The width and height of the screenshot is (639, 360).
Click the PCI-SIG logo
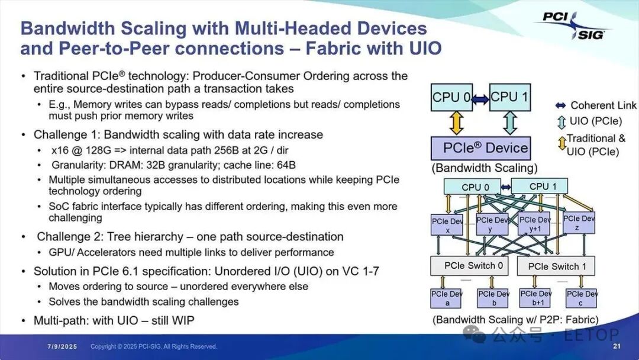click(572, 25)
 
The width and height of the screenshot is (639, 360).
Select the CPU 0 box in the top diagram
click(452, 97)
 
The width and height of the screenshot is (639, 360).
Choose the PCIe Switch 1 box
click(556, 266)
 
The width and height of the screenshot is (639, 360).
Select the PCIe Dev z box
click(579, 223)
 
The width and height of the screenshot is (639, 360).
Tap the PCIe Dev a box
click(447, 298)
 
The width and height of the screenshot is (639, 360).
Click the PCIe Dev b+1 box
click(536, 298)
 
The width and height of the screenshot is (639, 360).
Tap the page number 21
click(616, 346)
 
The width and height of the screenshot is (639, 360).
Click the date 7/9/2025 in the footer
click(61, 346)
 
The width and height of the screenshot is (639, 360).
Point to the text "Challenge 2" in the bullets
click(70, 237)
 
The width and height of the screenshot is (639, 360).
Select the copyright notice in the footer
click(154, 346)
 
